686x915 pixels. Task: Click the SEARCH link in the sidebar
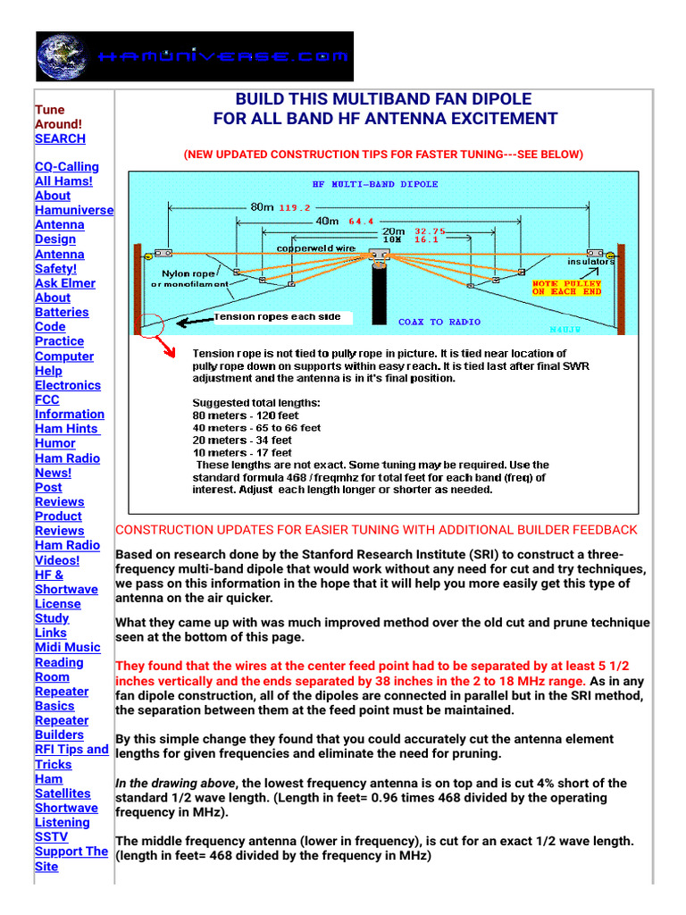[x=60, y=139]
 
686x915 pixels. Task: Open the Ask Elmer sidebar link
[x=64, y=283]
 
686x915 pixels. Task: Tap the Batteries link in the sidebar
[x=62, y=312]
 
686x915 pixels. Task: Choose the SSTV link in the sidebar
[x=52, y=836]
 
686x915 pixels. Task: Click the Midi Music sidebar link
[x=67, y=647]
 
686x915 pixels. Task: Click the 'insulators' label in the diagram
[x=590, y=262]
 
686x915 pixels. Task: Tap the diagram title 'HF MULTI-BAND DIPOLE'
[x=374, y=184]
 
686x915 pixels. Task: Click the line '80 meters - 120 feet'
[x=246, y=416]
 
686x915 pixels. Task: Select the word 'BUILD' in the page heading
[x=257, y=98]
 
